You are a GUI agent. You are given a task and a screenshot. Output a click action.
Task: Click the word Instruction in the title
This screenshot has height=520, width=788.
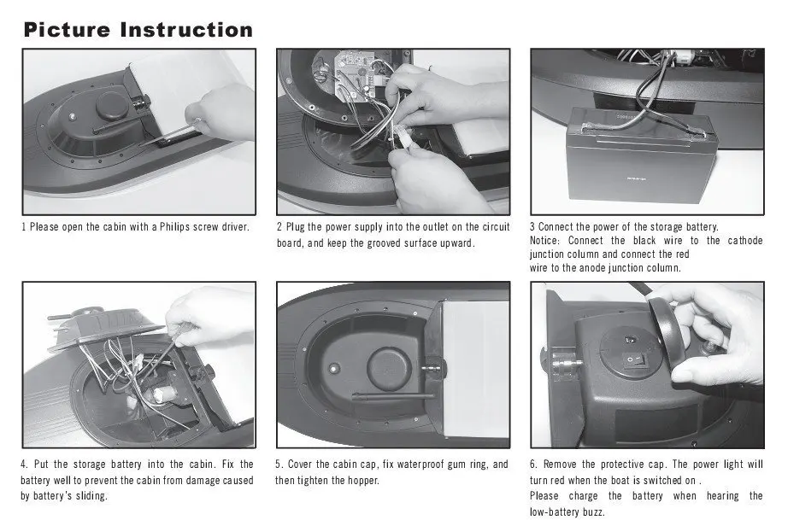[187, 30]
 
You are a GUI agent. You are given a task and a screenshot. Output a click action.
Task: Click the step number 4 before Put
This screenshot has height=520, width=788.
[24, 464]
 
